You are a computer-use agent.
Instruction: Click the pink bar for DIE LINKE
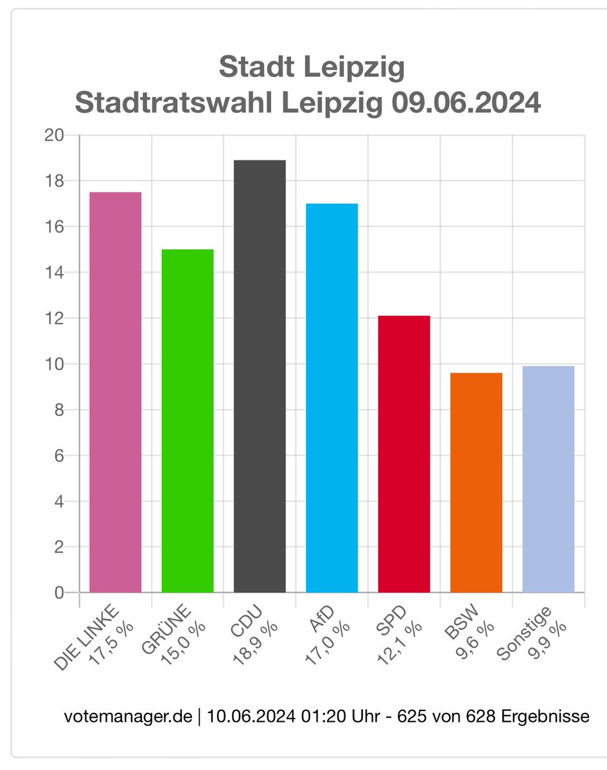click(115, 391)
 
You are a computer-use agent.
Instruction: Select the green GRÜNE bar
click(188, 420)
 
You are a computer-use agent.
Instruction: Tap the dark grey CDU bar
click(260, 375)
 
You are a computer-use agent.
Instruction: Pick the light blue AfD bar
click(331, 398)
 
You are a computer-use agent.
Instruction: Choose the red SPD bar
click(404, 454)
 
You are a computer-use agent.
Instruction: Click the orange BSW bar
click(476, 483)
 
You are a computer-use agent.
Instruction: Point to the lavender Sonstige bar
click(548, 479)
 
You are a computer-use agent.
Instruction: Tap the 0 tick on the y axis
click(58, 593)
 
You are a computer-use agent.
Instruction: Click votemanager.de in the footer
click(128, 716)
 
